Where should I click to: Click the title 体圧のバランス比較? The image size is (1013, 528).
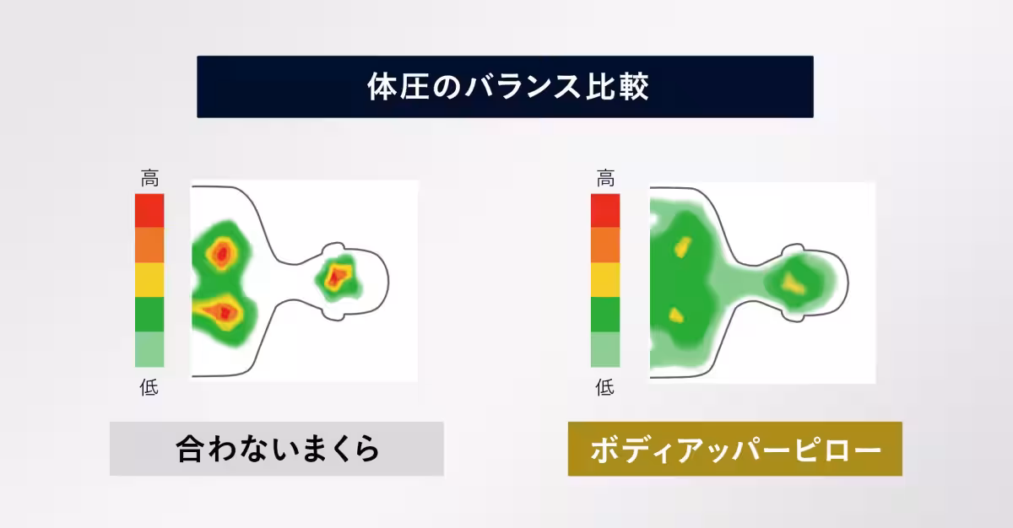[505, 87]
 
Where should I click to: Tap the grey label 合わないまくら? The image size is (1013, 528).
[277, 449]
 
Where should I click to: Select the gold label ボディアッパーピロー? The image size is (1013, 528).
[734, 449]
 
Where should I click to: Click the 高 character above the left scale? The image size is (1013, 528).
[149, 179]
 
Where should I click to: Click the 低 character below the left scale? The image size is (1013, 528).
[149, 388]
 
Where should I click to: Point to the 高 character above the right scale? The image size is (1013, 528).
[605, 179]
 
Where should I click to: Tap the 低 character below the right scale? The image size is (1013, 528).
[605, 388]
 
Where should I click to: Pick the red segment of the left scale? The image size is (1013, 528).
[149, 210]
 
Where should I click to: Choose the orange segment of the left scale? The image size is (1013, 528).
[149, 245]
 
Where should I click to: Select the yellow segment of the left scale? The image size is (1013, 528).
[149, 279]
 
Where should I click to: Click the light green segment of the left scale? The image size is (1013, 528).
[149, 349]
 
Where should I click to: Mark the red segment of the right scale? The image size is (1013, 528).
[605, 210]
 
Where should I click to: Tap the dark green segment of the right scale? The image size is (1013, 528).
[605, 314]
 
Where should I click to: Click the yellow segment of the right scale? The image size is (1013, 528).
[605, 279]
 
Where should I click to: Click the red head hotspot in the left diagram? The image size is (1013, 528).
[339, 275]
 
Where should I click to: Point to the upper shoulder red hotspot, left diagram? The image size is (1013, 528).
[222, 252]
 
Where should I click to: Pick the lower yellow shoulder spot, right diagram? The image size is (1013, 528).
[675, 315]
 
